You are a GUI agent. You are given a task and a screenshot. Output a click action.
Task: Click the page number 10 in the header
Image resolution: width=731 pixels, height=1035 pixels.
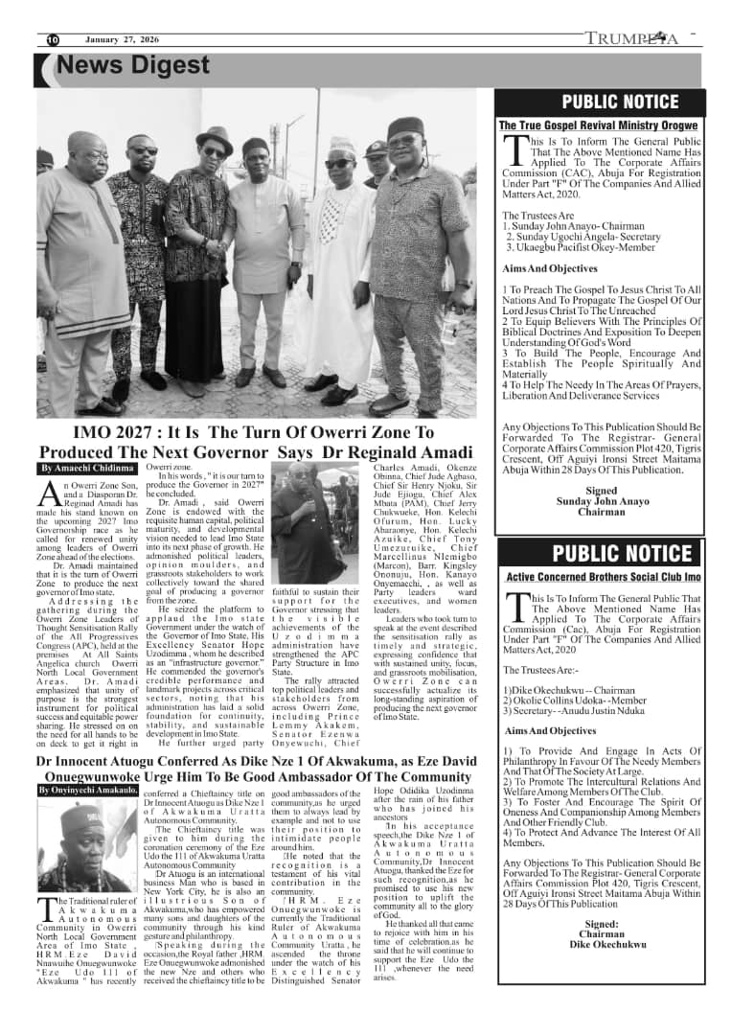click(53, 39)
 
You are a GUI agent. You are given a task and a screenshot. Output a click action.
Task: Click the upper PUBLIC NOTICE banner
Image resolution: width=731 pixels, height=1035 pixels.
click(601, 102)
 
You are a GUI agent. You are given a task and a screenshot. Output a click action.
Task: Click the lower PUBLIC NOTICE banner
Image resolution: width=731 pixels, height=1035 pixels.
click(601, 553)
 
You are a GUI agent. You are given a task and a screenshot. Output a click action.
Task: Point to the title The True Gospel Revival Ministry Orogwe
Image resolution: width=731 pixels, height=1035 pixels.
click(599, 126)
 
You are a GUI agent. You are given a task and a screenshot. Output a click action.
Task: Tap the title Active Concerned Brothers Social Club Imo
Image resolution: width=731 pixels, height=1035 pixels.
click(603, 577)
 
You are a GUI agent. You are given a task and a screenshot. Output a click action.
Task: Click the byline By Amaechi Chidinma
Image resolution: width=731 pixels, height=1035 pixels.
click(86, 469)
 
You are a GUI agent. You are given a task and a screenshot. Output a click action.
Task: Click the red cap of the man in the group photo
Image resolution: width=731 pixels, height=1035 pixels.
click(405, 127)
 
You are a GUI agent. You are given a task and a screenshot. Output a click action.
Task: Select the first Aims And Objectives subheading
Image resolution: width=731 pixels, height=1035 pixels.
click(550, 268)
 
